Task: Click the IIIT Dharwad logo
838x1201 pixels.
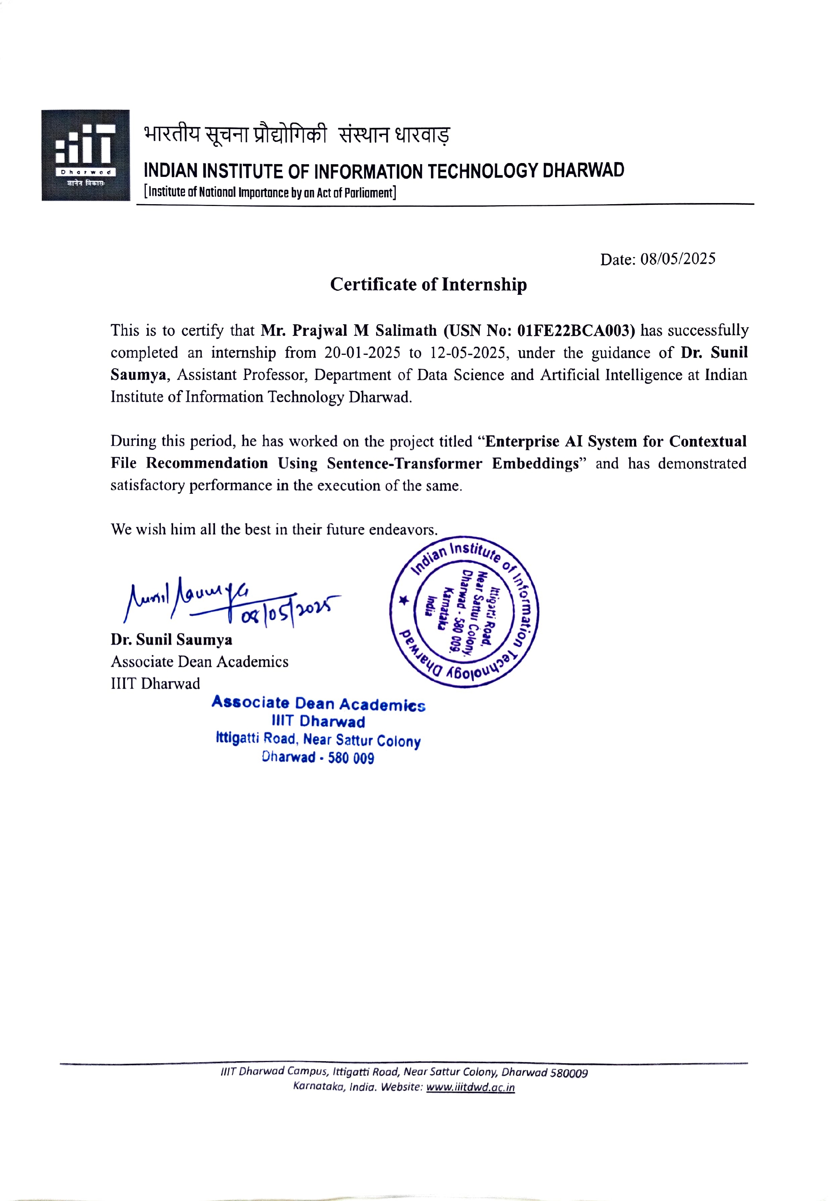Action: [86, 155]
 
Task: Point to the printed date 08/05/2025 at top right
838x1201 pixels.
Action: [678, 259]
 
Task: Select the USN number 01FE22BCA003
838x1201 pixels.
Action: [575, 330]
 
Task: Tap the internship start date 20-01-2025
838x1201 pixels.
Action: [362, 353]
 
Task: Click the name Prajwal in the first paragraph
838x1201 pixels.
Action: [319, 330]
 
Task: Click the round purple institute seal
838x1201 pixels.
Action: [464, 611]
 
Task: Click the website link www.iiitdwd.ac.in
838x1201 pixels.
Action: [470, 1087]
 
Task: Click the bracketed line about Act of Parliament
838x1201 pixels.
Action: [270, 193]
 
